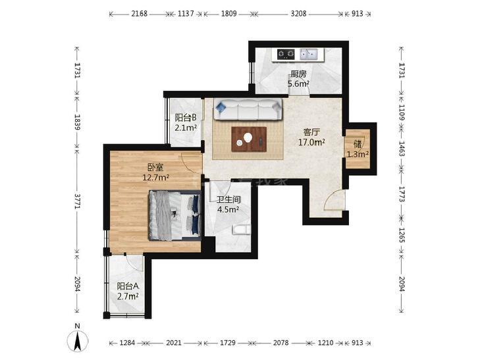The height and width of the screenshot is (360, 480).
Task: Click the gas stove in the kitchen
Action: pos(286,55)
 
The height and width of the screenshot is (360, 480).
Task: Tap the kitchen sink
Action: pos(309,55)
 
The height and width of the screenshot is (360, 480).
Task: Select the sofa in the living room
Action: pos(248,109)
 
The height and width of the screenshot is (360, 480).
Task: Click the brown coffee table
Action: pos(249,139)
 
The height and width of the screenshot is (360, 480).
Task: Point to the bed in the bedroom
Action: pos(174,215)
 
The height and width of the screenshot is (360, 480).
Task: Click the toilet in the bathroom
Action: pos(242,230)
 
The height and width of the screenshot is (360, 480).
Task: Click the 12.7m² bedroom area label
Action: pos(156,177)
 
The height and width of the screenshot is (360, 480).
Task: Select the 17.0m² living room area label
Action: pos(311,142)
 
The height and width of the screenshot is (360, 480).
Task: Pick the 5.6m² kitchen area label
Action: pos(298,84)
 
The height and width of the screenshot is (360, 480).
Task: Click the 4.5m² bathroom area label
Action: pos(228,209)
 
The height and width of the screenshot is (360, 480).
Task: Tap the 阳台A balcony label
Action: pos(128,286)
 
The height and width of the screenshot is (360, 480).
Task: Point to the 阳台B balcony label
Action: pos(186,117)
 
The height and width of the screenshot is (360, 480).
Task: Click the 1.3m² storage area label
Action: pos(358,154)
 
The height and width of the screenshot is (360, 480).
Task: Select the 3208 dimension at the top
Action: pos(298,14)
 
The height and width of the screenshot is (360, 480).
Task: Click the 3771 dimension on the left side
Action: pos(77,201)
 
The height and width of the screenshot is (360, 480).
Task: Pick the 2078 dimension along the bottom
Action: pos(280,343)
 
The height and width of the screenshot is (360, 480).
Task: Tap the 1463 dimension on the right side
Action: pos(402,148)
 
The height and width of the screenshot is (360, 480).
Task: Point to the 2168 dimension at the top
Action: pos(140,14)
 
